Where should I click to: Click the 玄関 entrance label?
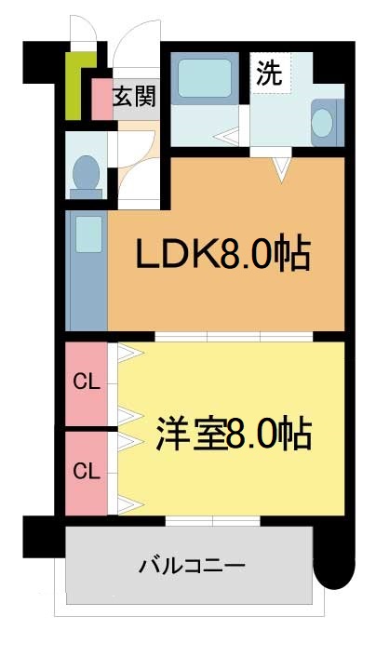click(x=134, y=95)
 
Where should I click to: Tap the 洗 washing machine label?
click(x=270, y=74)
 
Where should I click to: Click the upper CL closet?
click(x=87, y=382)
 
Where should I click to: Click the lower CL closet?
click(x=87, y=471)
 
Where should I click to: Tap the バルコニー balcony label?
click(x=192, y=565)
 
